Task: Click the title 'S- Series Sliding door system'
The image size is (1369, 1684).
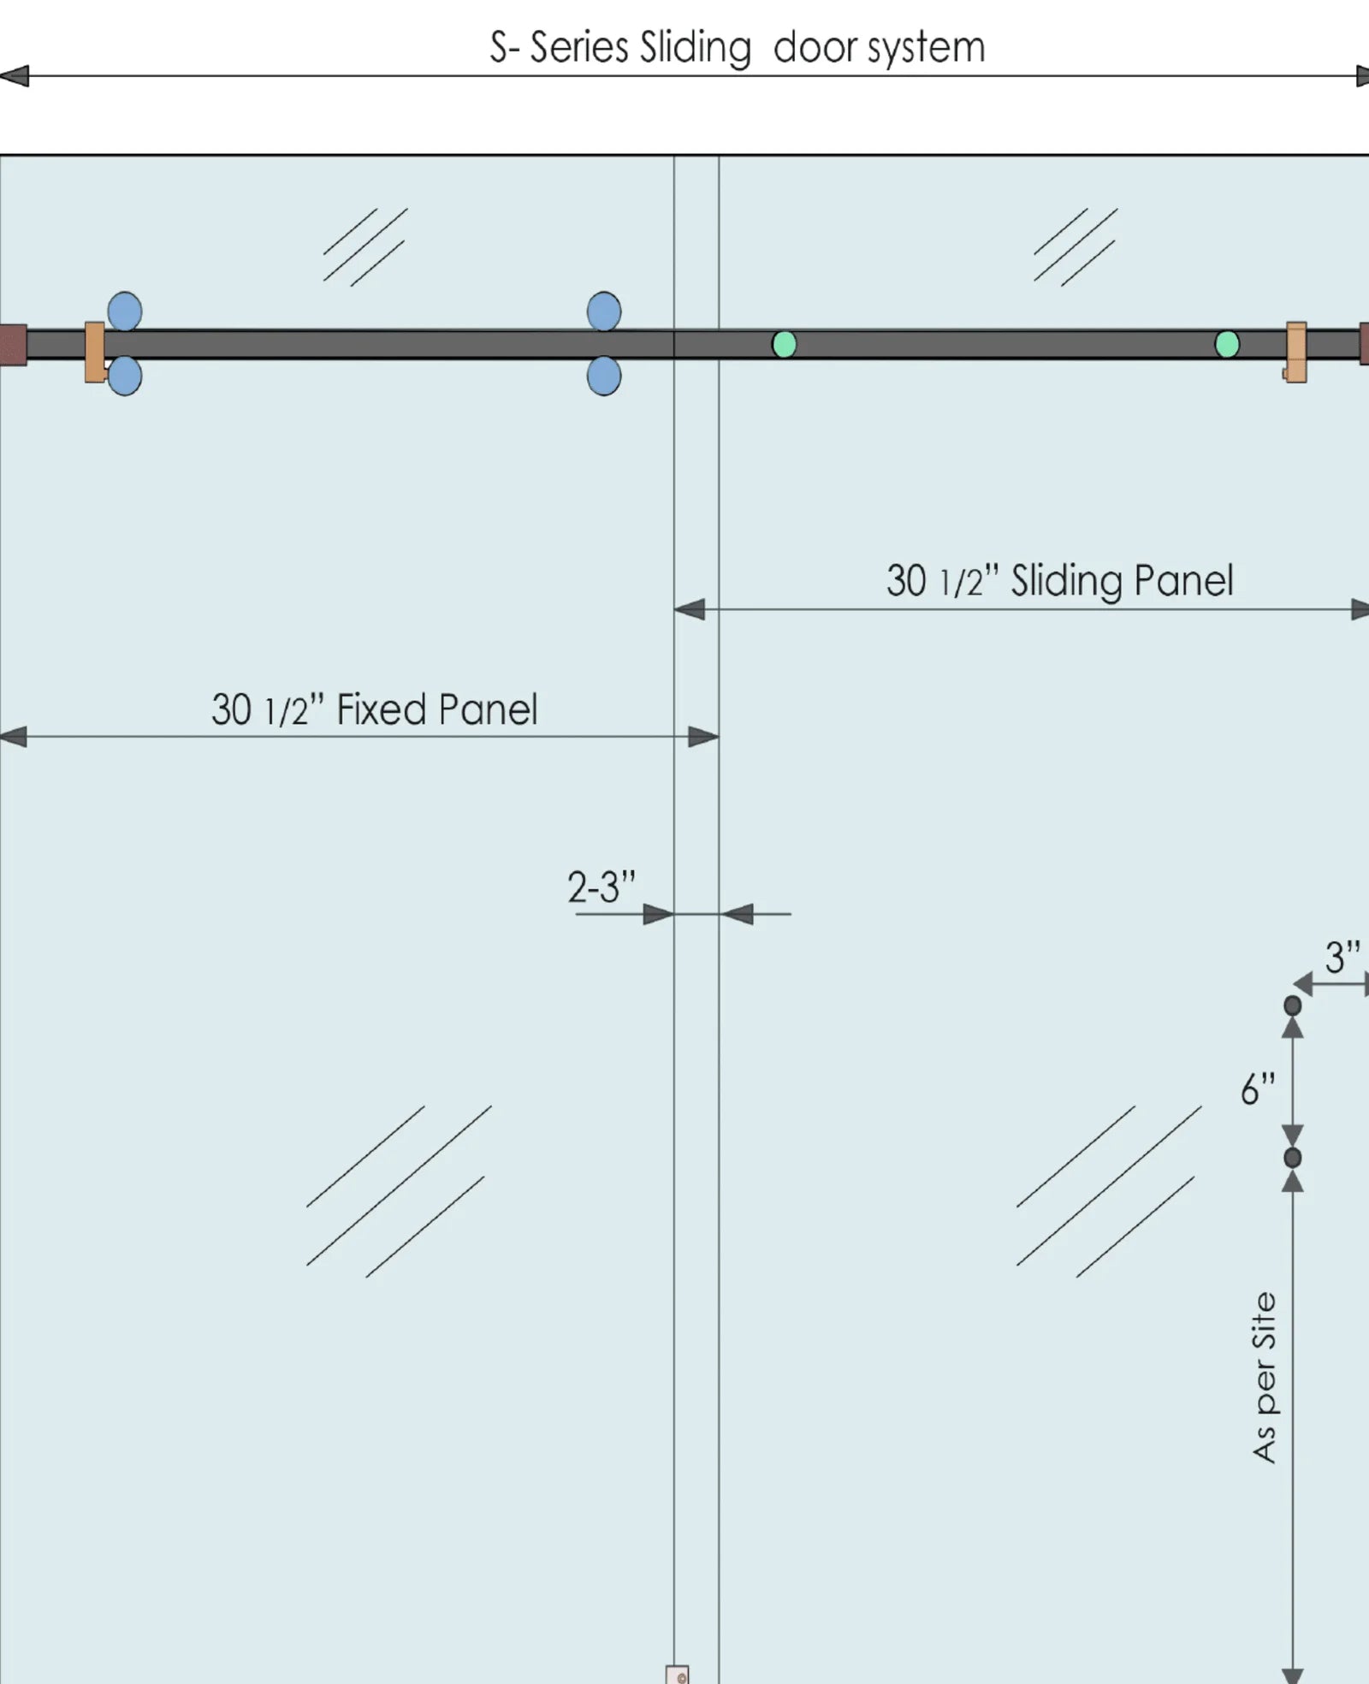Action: click(738, 48)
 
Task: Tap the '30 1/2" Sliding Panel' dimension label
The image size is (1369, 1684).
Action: click(1060, 581)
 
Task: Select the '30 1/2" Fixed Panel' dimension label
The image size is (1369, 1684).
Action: click(375, 709)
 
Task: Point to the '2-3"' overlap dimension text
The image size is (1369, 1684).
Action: click(602, 886)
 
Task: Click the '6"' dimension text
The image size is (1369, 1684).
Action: click(1258, 1088)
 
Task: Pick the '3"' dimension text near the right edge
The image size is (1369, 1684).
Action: click(1342, 957)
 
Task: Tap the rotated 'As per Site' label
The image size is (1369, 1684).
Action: click(1265, 1377)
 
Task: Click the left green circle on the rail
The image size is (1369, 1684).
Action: click(784, 344)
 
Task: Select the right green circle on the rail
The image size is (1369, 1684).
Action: click(1227, 344)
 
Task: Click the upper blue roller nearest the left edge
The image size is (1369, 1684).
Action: click(125, 311)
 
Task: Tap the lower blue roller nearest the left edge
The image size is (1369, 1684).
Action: click(125, 376)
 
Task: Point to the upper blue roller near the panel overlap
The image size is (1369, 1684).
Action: click(604, 311)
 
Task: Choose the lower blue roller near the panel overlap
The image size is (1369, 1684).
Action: click(604, 376)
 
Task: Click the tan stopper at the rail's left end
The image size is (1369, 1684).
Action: click(95, 352)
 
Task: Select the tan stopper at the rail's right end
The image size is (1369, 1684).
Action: click(1296, 352)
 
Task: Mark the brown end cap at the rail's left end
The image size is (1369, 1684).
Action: click(13, 345)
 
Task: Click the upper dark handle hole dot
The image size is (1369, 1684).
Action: click(1293, 1005)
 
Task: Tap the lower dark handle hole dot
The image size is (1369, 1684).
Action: click(1293, 1158)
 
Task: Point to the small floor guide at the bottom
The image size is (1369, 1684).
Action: click(677, 1675)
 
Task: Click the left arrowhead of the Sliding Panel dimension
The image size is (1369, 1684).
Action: click(690, 609)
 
